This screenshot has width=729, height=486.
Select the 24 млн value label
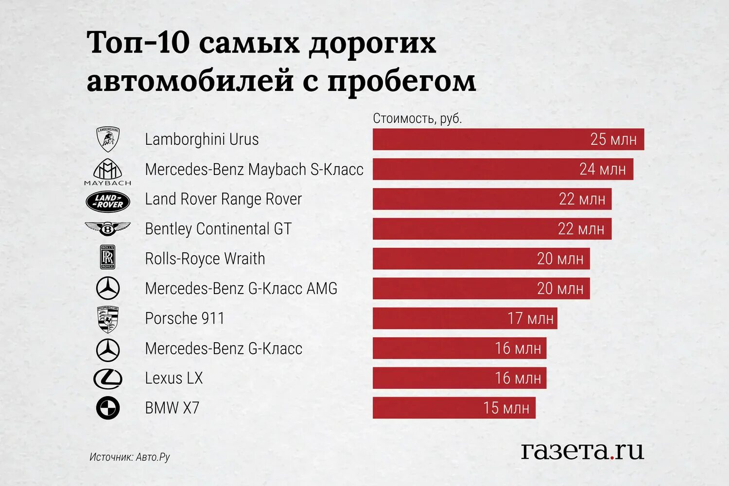[x=603, y=169]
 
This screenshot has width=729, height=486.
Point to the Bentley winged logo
[x=108, y=228]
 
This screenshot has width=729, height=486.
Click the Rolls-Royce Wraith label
[x=205, y=259]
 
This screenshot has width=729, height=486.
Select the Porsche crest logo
[x=108, y=319]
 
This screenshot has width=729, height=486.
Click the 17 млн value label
[x=530, y=318]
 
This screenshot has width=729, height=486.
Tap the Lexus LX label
[x=174, y=378]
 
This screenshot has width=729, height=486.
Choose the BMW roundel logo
[x=108, y=408]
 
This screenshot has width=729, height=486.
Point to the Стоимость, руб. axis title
[x=417, y=118]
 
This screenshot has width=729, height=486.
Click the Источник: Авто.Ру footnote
[x=130, y=457]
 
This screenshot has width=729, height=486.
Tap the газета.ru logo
[x=582, y=451]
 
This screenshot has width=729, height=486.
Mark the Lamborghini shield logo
[x=108, y=139]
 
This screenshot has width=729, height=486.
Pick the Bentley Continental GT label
[x=218, y=229]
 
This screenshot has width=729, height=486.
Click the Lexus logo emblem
[x=108, y=379]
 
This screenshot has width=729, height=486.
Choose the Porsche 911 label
[x=185, y=318]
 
